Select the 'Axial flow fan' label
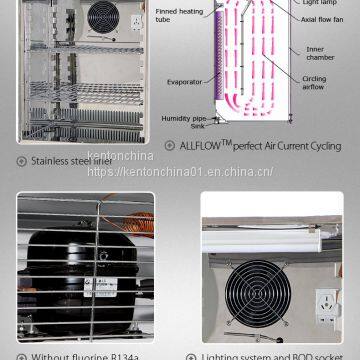pyautogui.click(x=318, y=17)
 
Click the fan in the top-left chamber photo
pyautogui.click(x=101, y=15)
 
